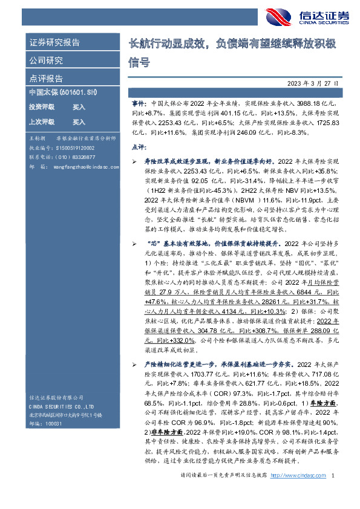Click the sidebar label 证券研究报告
54,43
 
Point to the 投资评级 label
42,106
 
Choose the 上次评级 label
42,121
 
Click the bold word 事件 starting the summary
139,104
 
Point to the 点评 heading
139,147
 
